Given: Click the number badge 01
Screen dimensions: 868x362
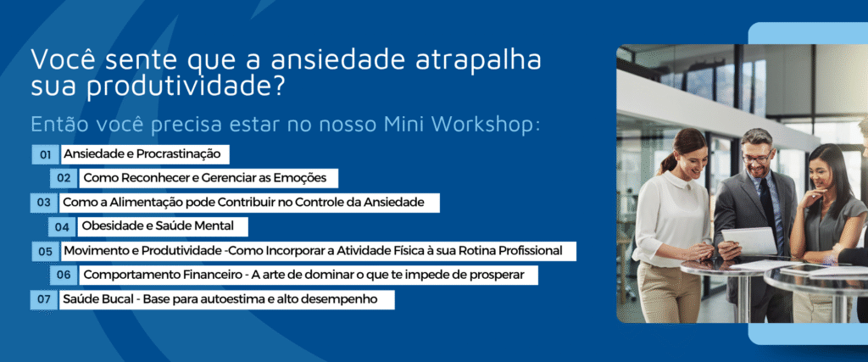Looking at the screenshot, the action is click(46, 155).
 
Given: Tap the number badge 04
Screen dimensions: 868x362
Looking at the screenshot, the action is click(62, 227).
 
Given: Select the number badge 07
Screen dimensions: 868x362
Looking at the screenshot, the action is click(44, 300).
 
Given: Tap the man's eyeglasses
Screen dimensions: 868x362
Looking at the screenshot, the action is click(757, 157).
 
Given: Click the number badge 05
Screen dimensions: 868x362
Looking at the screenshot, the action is click(46, 251).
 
